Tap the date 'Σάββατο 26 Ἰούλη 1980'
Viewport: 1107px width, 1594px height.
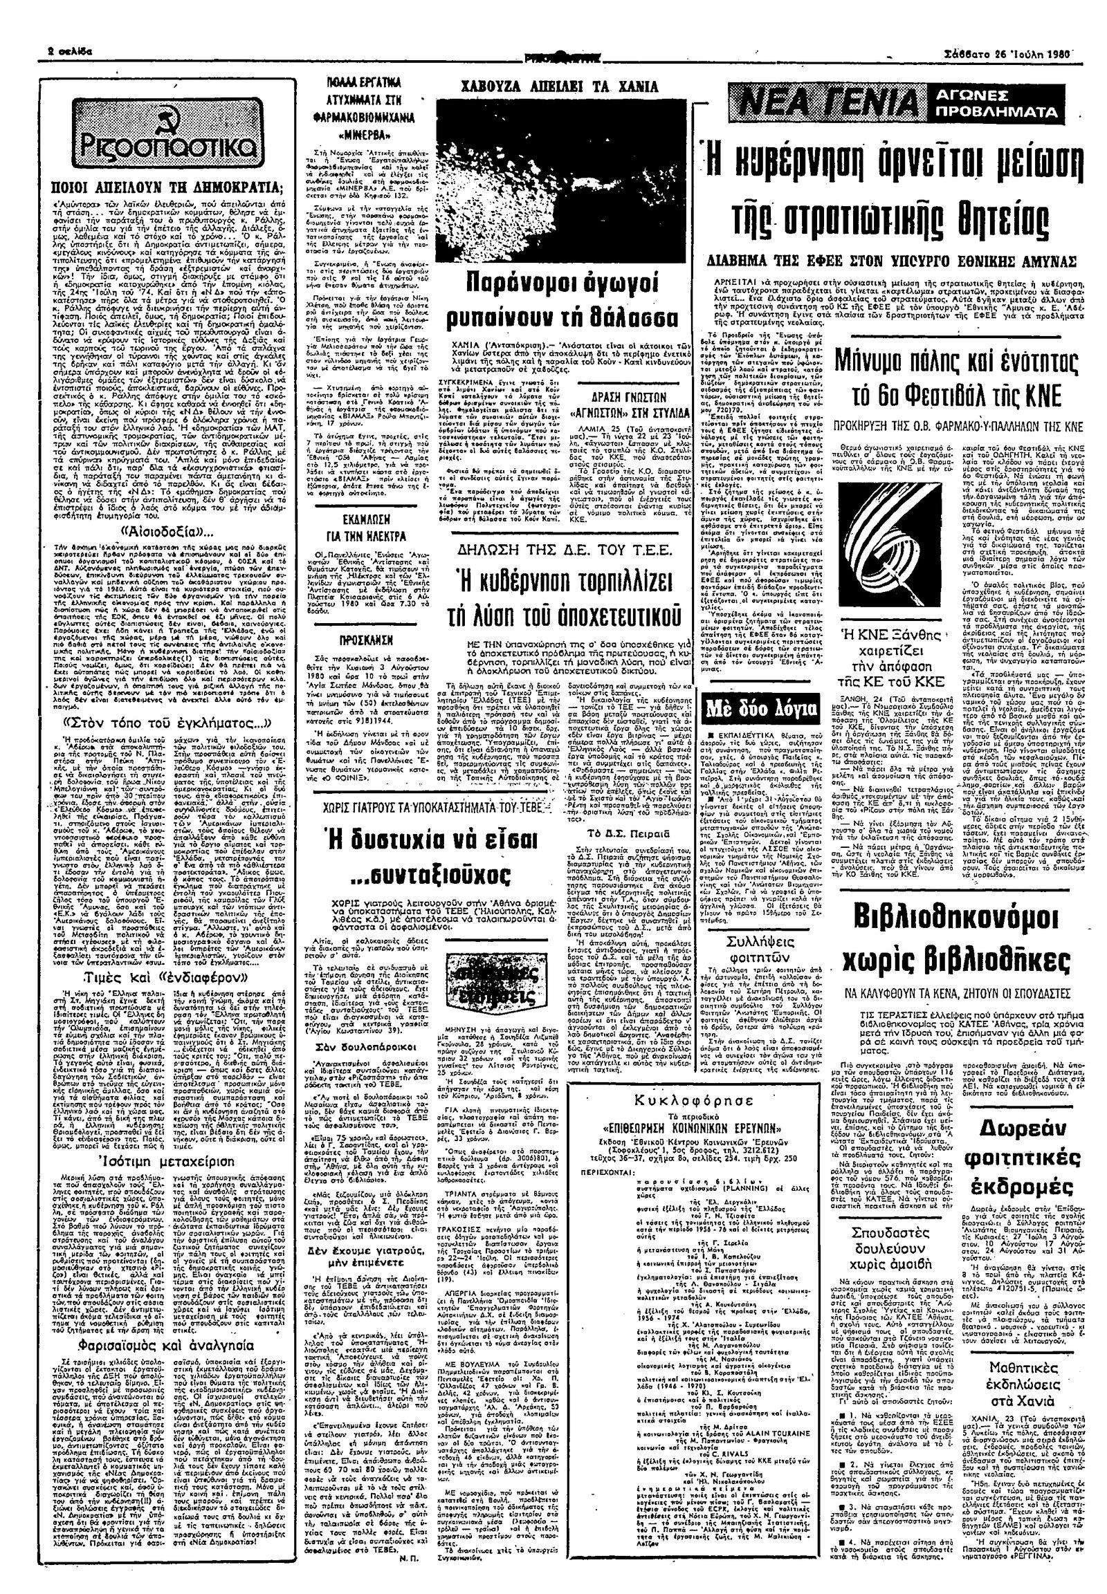(x=1014, y=53)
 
